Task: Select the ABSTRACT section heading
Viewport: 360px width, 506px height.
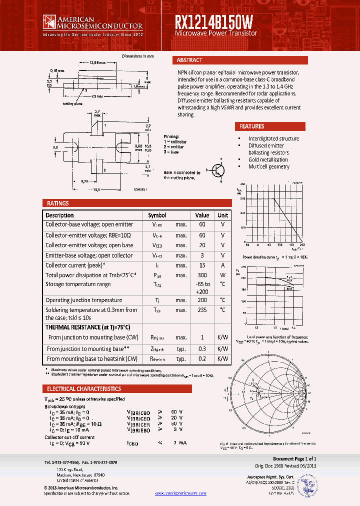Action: point(189,60)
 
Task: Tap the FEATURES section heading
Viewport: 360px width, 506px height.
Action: point(251,126)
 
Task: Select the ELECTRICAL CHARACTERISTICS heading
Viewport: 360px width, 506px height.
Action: point(84,388)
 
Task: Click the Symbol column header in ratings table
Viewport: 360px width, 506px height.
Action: point(157,215)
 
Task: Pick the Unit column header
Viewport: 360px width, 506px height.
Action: point(222,215)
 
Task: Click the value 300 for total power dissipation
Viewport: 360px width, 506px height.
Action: point(202,275)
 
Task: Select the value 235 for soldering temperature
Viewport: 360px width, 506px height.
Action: point(202,310)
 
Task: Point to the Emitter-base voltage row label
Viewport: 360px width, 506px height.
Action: point(89,255)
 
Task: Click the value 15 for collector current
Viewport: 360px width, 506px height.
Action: point(202,265)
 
